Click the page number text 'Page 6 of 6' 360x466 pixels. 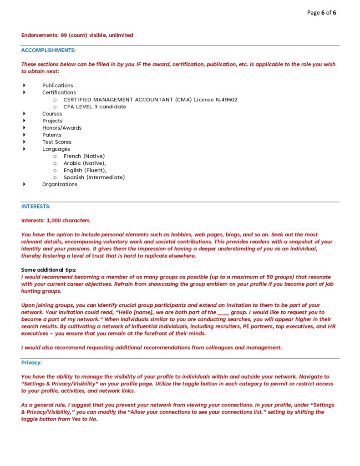tap(321, 13)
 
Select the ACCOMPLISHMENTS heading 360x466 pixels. tap(48, 50)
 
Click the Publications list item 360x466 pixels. tap(57, 86)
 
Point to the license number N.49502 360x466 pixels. tap(226, 100)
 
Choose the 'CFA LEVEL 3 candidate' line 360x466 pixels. tap(95, 107)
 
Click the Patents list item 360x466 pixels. tap(52, 135)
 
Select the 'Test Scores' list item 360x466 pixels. tap(57, 142)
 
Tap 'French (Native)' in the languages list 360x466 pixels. tap(84, 156)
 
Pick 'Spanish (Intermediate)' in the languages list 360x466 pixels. tap(94, 177)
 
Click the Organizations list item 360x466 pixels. tap(60, 184)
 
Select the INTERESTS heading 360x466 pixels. tap(36, 207)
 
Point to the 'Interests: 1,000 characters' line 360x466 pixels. tap(56, 221)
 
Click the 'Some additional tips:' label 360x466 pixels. tap(49, 270)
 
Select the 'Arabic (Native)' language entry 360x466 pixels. tap(85, 163)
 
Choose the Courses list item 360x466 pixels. tap(52, 114)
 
